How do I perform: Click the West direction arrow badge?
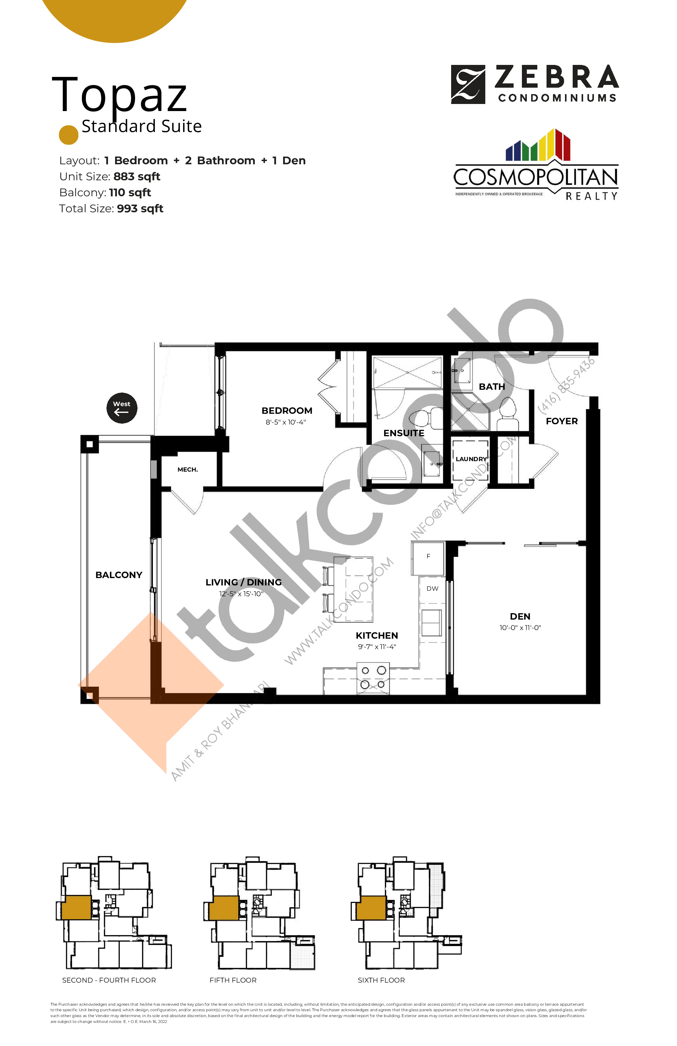[122, 408]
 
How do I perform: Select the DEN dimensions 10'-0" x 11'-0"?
[520, 628]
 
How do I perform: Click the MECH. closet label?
[187, 469]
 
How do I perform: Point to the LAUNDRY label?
[471, 459]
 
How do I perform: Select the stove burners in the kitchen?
[373, 677]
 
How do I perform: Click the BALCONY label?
[119, 575]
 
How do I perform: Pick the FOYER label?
[561, 421]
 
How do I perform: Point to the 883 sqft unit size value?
[137, 177]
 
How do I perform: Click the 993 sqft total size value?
[140, 209]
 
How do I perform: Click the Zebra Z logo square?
[468, 84]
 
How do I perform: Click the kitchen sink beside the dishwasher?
[431, 622]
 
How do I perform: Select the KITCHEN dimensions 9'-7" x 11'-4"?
[377, 646]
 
